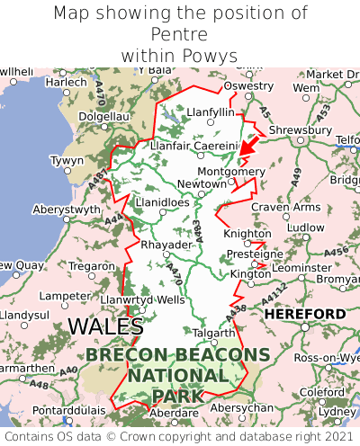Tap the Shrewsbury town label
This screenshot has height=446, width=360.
[x=300, y=129]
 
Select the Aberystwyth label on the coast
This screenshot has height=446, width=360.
[x=67, y=210]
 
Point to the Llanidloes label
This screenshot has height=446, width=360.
[x=162, y=202]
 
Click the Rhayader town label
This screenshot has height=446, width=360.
[x=166, y=245]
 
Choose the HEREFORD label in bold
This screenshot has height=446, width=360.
[x=304, y=314]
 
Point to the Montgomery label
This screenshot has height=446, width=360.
[x=231, y=171]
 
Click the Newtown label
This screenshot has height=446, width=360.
[x=202, y=183]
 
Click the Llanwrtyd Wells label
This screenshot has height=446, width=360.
[x=143, y=299]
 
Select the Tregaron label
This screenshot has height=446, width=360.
[x=92, y=266]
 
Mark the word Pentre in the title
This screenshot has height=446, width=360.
[x=179, y=34]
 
